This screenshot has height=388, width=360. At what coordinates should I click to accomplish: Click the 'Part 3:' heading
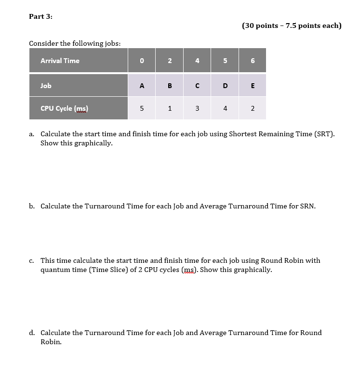point(40,16)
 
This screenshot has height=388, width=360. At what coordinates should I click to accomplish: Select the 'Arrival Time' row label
point(60,61)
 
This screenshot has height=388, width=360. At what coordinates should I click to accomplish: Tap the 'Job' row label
point(46,86)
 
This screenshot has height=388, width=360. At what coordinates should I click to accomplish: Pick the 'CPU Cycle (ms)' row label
point(64,108)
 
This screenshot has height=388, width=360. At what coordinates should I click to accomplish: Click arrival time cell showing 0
point(142,61)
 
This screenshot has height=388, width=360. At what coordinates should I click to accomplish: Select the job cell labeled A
point(142,86)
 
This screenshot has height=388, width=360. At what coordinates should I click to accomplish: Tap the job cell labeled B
point(170,86)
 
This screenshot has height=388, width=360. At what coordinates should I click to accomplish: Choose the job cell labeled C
point(197,86)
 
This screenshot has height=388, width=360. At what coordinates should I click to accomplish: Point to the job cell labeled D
point(225,86)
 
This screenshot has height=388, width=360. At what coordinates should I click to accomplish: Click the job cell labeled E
point(253,86)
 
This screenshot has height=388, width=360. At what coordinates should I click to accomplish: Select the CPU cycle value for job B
point(170,108)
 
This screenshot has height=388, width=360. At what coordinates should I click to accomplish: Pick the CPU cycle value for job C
point(197,108)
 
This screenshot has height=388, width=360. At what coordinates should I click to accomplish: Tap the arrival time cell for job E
point(253,61)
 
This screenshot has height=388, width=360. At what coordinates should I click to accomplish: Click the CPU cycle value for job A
point(142,108)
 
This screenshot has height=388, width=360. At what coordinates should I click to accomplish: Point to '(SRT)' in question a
point(324,134)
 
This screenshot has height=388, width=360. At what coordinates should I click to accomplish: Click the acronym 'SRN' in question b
point(307,207)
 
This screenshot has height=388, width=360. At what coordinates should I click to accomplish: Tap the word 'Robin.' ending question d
point(51,342)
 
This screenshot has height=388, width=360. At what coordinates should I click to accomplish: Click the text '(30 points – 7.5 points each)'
point(292,26)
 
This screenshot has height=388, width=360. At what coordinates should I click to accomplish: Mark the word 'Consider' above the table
point(43,43)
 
